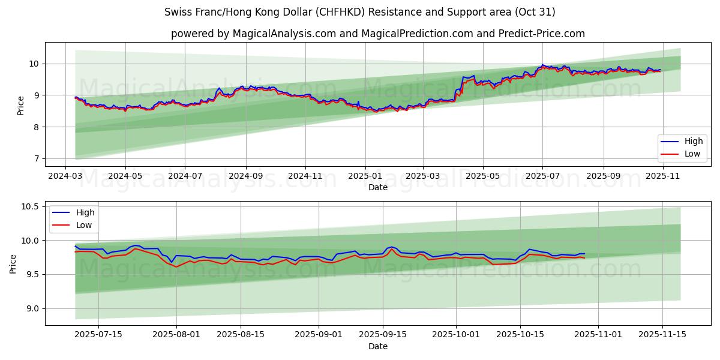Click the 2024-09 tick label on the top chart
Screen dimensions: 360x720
tap(246, 176)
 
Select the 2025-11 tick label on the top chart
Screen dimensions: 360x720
tap(662, 176)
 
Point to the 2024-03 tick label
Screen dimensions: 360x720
tap(65, 176)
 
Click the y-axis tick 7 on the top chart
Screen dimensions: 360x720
tap(35, 159)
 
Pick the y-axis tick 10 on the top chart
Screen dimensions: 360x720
tap(33, 64)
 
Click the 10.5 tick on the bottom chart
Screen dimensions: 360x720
tap(30, 207)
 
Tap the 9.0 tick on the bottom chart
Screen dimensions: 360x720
tap(32, 309)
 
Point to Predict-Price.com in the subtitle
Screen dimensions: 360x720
tap(541, 34)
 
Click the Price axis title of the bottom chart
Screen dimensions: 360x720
tap(13, 264)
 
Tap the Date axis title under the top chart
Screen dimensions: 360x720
tap(378, 188)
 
